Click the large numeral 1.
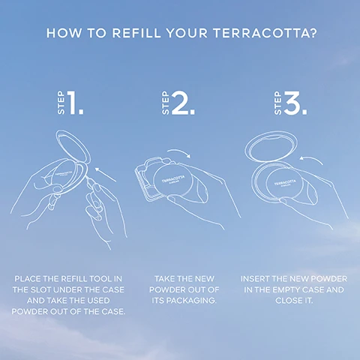click(x=76, y=105)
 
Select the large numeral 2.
click(x=181, y=105)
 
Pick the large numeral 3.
click(x=293, y=105)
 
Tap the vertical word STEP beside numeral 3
click(x=277, y=106)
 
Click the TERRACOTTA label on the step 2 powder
click(x=170, y=181)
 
